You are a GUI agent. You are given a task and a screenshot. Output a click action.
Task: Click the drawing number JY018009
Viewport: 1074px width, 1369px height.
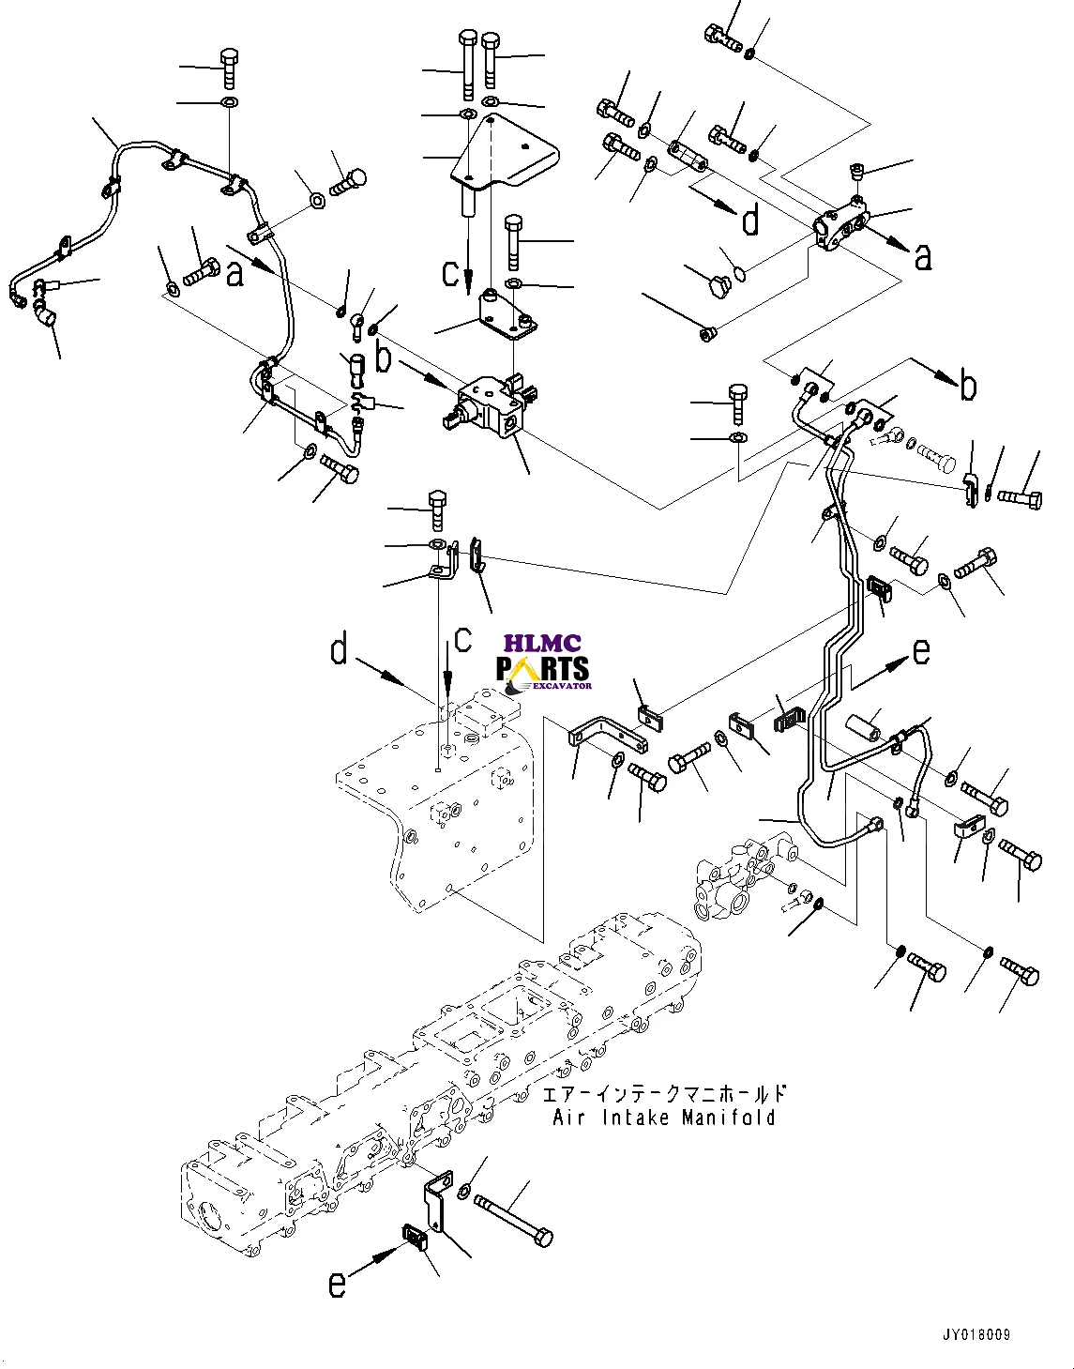(x=976, y=1334)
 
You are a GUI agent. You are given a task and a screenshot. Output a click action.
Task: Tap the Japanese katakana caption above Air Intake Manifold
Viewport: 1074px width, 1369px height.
(x=664, y=1094)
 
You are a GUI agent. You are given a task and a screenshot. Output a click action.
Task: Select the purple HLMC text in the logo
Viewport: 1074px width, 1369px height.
(x=542, y=644)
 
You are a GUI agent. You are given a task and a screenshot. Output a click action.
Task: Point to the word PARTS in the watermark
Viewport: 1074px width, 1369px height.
(x=543, y=669)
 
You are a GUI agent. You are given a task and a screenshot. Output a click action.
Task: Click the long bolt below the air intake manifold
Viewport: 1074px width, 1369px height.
(x=513, y=1221)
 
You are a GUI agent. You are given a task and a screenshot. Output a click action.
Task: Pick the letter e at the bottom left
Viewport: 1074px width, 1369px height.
(x=337, y=1284)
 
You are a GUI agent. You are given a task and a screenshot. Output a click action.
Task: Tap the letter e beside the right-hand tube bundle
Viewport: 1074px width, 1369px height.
(x=922, y=650)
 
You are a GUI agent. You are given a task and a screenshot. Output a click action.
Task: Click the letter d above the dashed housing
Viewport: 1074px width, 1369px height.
(x=340, y=648)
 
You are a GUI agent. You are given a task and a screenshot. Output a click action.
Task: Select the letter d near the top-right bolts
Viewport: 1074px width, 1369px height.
(x=750, y=221)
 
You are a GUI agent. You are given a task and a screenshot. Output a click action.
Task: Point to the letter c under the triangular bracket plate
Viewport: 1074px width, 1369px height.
(x=451, y=273)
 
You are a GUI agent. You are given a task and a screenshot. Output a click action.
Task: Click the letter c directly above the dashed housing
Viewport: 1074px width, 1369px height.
(x=462, y=640)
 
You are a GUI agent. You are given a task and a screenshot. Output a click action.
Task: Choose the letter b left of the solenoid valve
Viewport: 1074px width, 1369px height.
(x=383, y=357)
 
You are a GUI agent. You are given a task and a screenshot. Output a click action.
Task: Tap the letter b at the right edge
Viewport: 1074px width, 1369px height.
(x=968, y=386)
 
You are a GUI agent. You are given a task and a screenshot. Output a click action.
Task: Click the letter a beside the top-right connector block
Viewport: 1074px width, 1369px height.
(x=923, y=255)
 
